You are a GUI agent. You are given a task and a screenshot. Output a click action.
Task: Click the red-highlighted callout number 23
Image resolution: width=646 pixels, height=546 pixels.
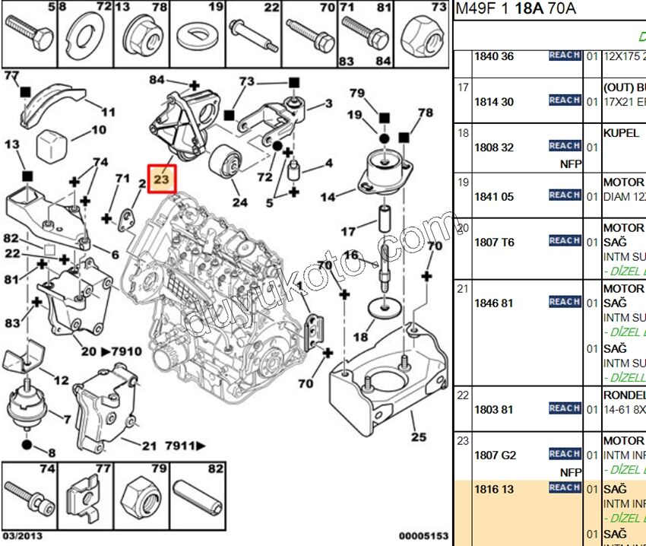(162, 179)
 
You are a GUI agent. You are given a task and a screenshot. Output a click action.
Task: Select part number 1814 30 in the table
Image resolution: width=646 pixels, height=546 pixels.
(494, 102)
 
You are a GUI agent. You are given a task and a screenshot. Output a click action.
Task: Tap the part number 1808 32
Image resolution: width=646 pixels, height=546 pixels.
(494, 148)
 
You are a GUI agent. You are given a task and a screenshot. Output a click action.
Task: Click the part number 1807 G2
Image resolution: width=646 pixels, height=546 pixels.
(495, 455)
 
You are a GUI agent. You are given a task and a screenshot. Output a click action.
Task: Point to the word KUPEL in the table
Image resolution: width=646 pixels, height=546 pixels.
(621, 133)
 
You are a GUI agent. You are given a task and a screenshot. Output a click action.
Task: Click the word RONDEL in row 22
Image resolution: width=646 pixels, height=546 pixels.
(624, 395)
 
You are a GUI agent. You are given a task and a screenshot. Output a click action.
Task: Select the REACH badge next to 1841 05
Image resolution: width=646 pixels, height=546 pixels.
(565, 195)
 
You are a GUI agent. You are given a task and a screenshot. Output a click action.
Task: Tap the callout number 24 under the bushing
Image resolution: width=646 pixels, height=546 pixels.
(240, 202)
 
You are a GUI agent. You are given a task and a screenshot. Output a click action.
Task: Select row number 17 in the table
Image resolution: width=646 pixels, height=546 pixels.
(463, 87)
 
